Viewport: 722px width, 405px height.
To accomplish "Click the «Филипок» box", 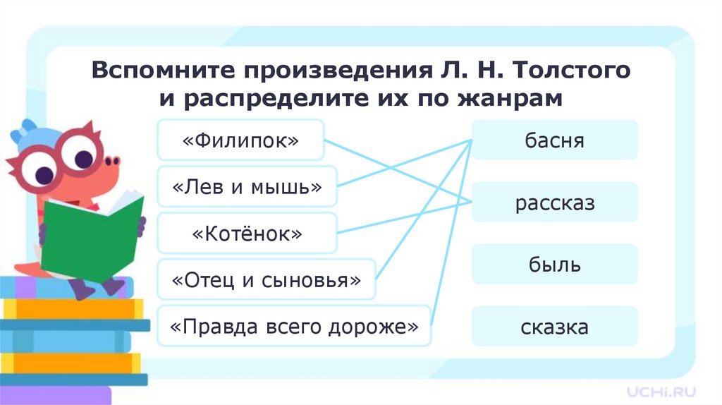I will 240,140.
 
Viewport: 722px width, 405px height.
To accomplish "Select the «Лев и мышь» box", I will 247,187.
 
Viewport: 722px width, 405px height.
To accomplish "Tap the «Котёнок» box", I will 247,234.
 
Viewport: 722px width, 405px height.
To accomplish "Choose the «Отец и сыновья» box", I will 267,280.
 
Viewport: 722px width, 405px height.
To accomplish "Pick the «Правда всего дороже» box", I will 294,327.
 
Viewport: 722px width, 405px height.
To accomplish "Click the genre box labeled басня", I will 554,140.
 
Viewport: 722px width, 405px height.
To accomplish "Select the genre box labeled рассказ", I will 554,203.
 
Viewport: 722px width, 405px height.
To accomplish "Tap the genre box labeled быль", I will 554,265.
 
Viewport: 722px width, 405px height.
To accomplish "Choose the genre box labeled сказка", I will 554,327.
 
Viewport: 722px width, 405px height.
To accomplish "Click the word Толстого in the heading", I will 573,70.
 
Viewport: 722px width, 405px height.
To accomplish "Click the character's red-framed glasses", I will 60,159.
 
